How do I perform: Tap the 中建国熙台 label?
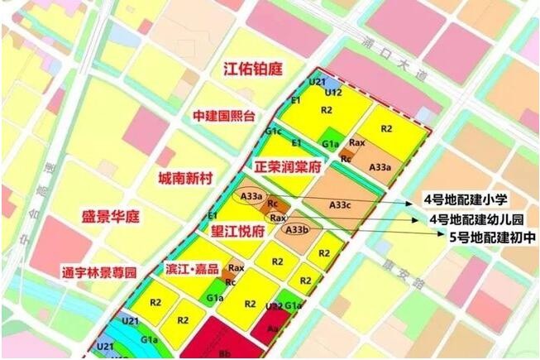(224, 114)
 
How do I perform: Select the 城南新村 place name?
(186, 177)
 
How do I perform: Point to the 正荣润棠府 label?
(287, 166)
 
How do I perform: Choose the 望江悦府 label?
(237, 232)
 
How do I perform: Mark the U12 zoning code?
(333, 93)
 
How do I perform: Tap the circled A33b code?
(296, 229)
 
